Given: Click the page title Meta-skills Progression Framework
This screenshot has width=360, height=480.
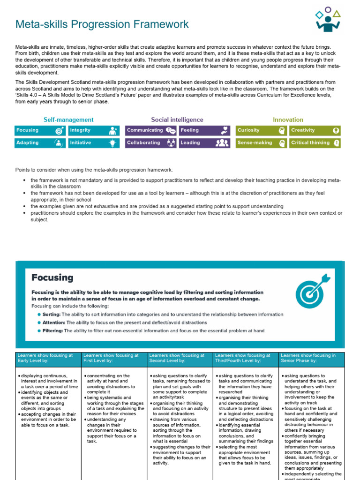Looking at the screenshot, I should tap(102, 24).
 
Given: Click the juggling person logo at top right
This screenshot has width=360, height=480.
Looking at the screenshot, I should tap(328, 20).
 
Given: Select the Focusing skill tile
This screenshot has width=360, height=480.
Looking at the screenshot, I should tap(40, 130).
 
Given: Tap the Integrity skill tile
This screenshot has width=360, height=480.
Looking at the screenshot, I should tap(94, 130).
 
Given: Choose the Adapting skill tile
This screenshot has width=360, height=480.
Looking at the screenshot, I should tap(40, 142).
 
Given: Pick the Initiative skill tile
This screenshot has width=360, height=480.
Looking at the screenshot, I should tap(94, 142).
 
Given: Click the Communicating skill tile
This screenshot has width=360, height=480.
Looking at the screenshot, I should tap(151, 130).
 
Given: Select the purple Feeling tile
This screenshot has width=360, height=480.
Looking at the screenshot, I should tap(204, 130).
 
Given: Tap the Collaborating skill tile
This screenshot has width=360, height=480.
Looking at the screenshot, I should tap(151, 142).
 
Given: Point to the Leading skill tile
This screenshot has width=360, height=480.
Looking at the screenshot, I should tap(204, 142).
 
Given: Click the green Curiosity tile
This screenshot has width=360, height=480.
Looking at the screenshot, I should tap(261, 130).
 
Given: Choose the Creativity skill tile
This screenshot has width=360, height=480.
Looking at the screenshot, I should tap(315, 130).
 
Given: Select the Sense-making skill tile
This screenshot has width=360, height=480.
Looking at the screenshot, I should tap(261, 142).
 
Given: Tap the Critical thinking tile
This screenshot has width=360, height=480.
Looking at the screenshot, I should tap(315, 142).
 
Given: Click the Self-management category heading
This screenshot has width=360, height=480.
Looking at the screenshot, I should tap(68, 120).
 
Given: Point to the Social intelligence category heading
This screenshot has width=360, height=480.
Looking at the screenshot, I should tap(177, 120).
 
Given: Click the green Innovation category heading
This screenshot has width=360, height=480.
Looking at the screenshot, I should tap(288, 120).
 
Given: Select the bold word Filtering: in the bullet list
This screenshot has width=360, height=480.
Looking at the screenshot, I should tap(52, 330).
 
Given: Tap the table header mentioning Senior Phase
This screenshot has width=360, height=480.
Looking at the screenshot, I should tap(311, 359).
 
